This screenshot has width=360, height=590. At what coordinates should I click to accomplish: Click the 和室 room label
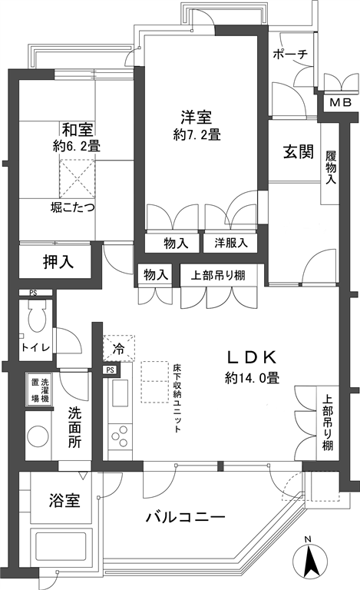tap(78, 130)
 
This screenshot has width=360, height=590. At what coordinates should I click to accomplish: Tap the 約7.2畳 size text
tap(197, 134)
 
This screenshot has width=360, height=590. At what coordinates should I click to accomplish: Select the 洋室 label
tap(197, 118)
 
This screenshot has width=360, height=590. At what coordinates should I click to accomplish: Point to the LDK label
tap(253, 357)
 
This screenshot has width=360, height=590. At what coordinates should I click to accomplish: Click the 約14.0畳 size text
tap(252, 377)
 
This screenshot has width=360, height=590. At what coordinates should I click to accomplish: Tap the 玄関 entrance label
tap(299, 152)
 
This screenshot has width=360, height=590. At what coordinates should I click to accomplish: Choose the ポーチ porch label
tap(290, 55)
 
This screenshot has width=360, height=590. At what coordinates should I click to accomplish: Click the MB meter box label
tap(341, 102)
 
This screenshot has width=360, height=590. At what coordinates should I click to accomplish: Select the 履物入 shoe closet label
tap(331, 167)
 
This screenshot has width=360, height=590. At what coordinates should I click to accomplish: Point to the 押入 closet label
tap(58, 262)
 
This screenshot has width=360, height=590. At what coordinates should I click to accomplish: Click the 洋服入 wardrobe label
tap(231, 243)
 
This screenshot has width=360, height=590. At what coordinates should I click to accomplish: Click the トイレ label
tap(36, 347)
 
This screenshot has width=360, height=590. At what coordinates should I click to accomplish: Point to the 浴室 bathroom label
tap(64, 501)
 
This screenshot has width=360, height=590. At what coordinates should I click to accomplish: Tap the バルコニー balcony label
tap(186, 517)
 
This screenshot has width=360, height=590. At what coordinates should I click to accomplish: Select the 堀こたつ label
tap(72, 207)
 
